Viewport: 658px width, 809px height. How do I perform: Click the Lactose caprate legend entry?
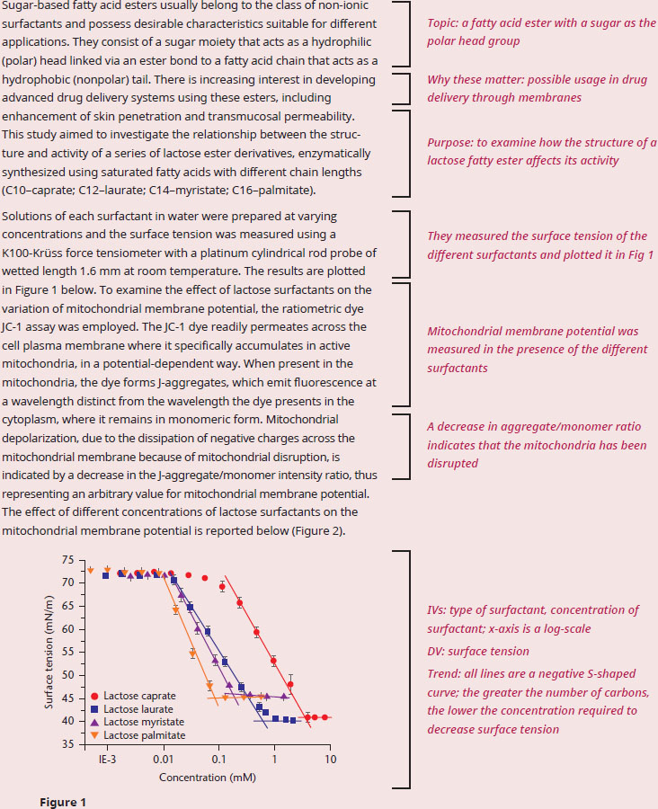coord(133,696)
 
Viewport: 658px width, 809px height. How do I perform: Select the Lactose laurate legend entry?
coord(131,709)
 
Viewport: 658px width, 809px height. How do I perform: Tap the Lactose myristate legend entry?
coord(137,722)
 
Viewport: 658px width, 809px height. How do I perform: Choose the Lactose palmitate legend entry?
coord(138,735)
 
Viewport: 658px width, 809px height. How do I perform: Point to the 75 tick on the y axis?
coord(67,560)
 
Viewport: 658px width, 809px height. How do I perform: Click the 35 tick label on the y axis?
coord(67,744)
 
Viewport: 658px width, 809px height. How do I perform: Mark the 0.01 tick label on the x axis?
coord(163,760)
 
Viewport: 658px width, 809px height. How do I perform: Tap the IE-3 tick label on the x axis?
coord(107,760)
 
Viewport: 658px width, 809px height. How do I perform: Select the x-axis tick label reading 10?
coord(330,760)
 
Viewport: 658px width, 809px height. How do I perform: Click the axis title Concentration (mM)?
coord(208,778)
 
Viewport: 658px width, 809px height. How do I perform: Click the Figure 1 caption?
coord(63,803)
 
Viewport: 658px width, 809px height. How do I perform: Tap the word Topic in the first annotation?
coord(442,23)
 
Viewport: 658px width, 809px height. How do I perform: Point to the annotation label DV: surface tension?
coord(478,651)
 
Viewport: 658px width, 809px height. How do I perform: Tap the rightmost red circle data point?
coord(325,717)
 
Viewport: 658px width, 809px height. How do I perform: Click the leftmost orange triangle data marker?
coord(90,570)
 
